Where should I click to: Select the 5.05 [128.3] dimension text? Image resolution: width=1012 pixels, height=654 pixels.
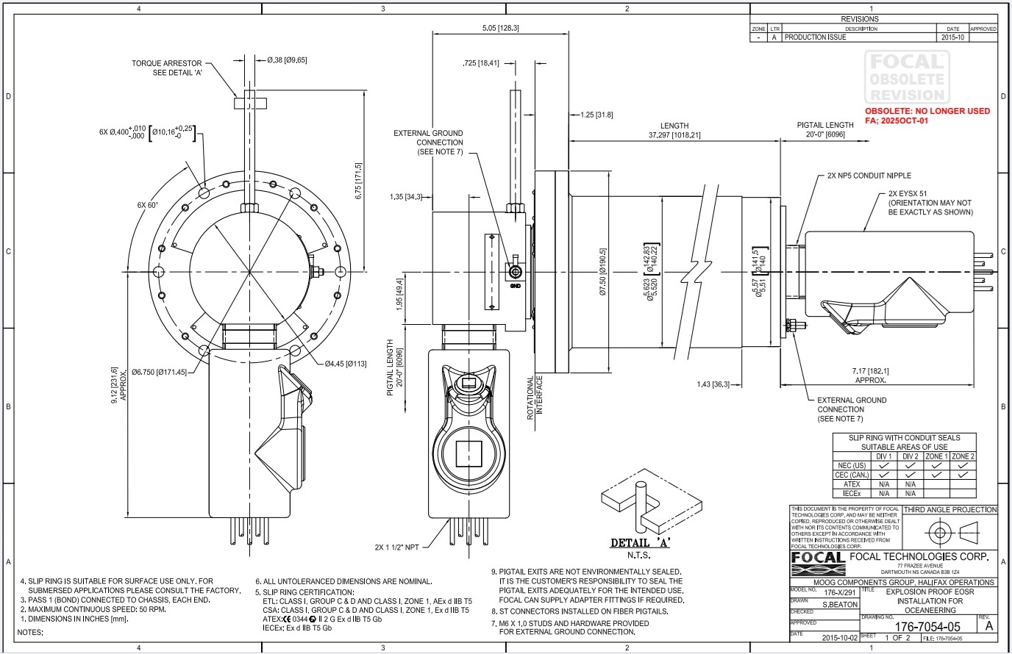pyautogui.click(x=499, y=28)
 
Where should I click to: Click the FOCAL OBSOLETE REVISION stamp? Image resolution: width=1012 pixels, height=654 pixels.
pyautogui.click(x=905, y=77)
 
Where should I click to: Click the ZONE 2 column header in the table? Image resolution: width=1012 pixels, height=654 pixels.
pyautogui.click(x=963, y=456)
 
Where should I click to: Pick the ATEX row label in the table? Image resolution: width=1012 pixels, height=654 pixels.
pyautogui.click(x=852, y=484)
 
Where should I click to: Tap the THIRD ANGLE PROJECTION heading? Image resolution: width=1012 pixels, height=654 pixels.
pyautogui.click(x=949, y=509)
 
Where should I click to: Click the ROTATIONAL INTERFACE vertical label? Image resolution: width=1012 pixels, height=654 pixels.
pyautogui.click(x=534, y=397)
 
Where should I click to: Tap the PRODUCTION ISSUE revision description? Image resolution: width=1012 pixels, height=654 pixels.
pyautogui.click(x=815, y=37)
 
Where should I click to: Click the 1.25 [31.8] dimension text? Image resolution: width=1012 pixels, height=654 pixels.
pyautogui.click(x=596, y=115)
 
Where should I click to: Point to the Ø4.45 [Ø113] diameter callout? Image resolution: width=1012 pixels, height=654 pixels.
pyautogui.click(x=346, y=363)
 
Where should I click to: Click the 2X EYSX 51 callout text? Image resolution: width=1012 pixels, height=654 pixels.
pyautogui.click(x=908, y=193)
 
